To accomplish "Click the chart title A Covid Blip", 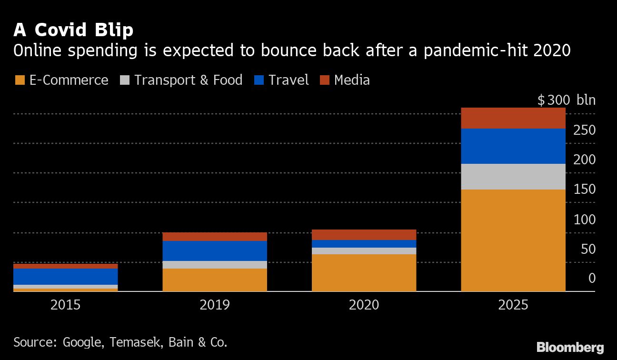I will pyautogui.click(x=73, y=30).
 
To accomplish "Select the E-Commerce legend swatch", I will pyautogui.click(x=20, y=80).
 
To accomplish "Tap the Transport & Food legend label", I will pyautogui.click(x=188, y=80).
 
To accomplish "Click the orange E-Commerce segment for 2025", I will pyautogui.click(x=513, y=240).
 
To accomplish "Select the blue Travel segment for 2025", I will pyautogui.click(x=513, y=146).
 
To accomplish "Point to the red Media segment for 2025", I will pyautogui.click(x=513, y=118).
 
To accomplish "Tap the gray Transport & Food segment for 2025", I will pyautogui.click(x=513, y=177).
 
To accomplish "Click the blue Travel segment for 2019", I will pyautogui.click(x=215, y=251).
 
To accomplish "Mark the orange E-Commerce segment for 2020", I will pyautogui.click(x=364, y=272).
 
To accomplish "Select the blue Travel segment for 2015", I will pyautogui.click(x=65, y=277).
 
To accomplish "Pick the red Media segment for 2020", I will pyautogui.click(x=364, y=235).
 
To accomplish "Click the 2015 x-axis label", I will pyautogui.click(x=65, y=305).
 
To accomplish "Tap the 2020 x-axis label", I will pyautogui.click(x=364, y=305).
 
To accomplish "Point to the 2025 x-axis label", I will pyautogui.click(x=513, y=305).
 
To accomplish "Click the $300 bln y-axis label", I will pyautogui.click(x=566, y=100).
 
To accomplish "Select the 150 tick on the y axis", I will pyautogui.click(x=584, y=190).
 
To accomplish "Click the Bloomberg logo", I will pyautogui.click(x=570, y=348).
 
